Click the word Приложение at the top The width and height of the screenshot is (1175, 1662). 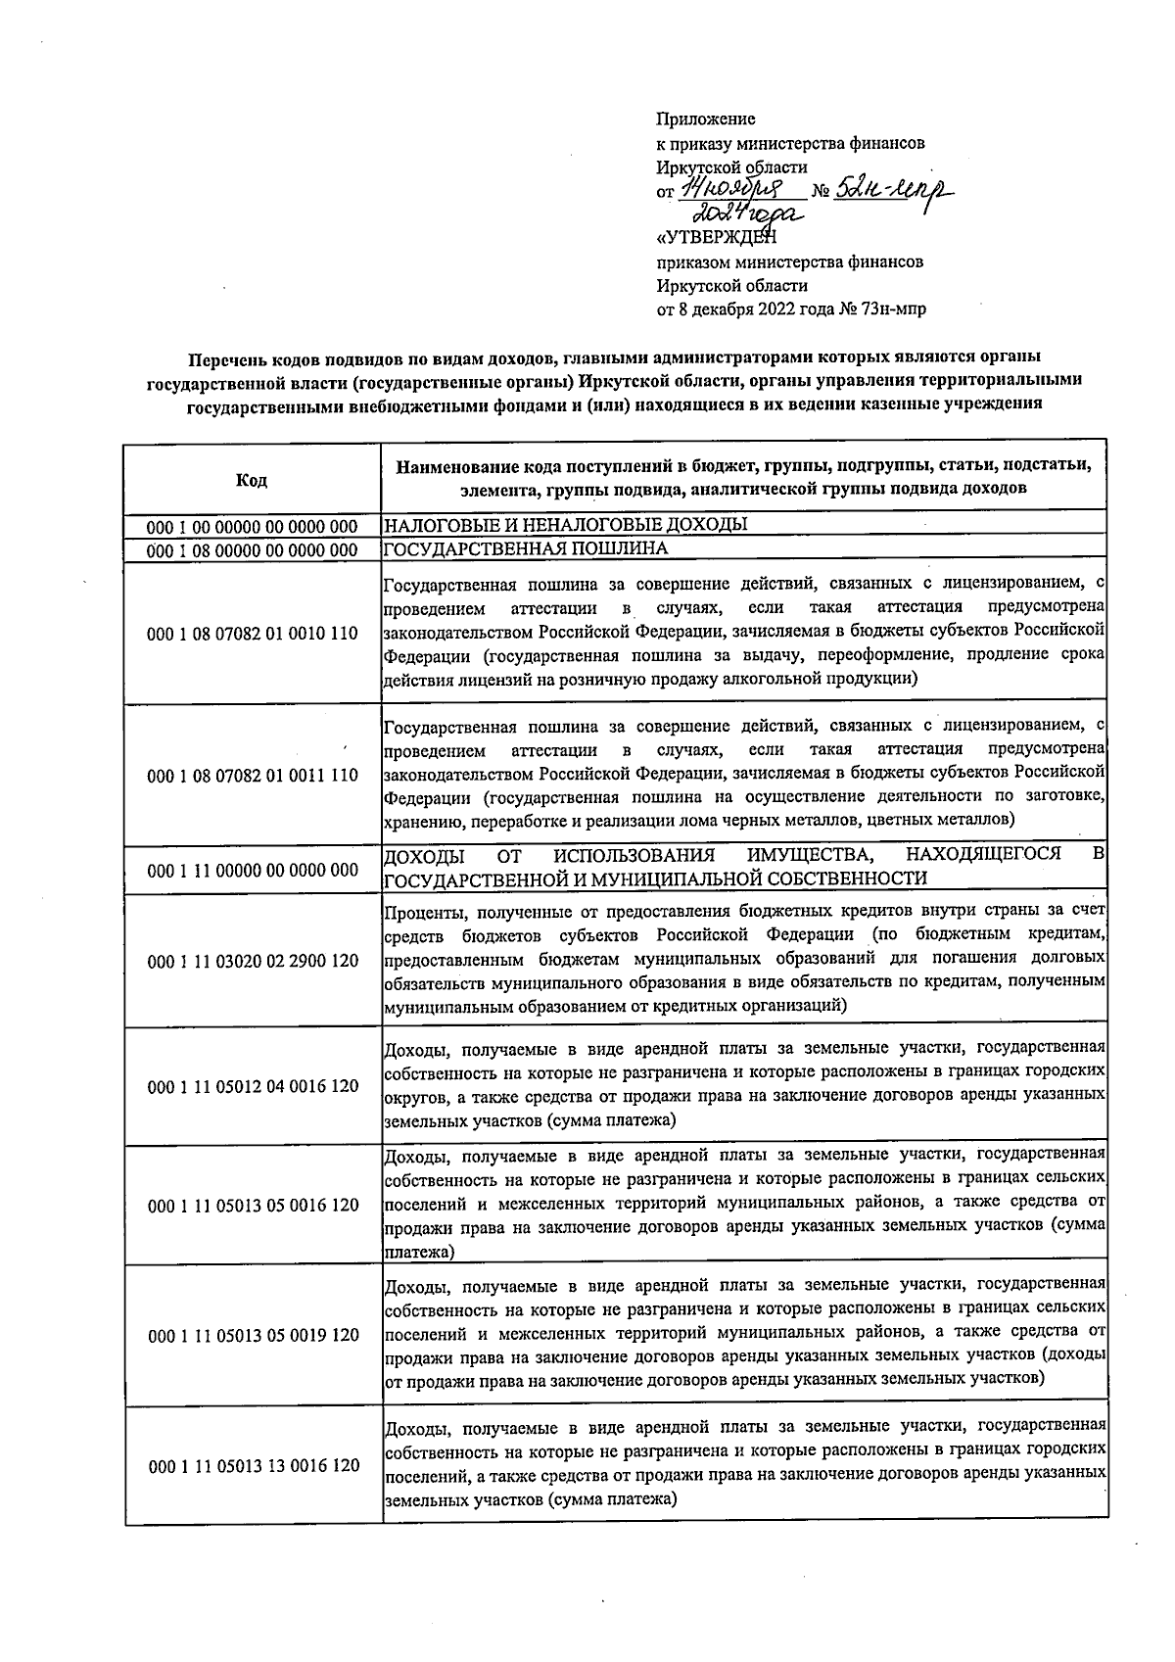705,119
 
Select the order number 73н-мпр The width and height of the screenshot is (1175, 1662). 892,309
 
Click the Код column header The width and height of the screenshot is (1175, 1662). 252,480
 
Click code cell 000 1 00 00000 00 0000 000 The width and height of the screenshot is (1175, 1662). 252,526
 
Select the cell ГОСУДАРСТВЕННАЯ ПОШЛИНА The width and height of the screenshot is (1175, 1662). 526,548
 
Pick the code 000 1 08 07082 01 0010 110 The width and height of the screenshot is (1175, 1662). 252,634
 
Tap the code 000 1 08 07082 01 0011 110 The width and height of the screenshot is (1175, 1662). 252,777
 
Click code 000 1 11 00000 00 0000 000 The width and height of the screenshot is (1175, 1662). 252,870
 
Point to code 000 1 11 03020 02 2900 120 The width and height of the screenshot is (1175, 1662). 252,963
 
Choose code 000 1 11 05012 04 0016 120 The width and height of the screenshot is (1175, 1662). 252,1087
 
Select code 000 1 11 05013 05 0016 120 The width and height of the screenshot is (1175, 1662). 252,1206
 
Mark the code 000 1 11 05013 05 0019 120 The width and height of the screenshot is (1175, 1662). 252,1336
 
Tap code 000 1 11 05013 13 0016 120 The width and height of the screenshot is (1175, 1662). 252,1466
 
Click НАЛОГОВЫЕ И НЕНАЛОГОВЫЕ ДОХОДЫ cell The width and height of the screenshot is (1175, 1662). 565,525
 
